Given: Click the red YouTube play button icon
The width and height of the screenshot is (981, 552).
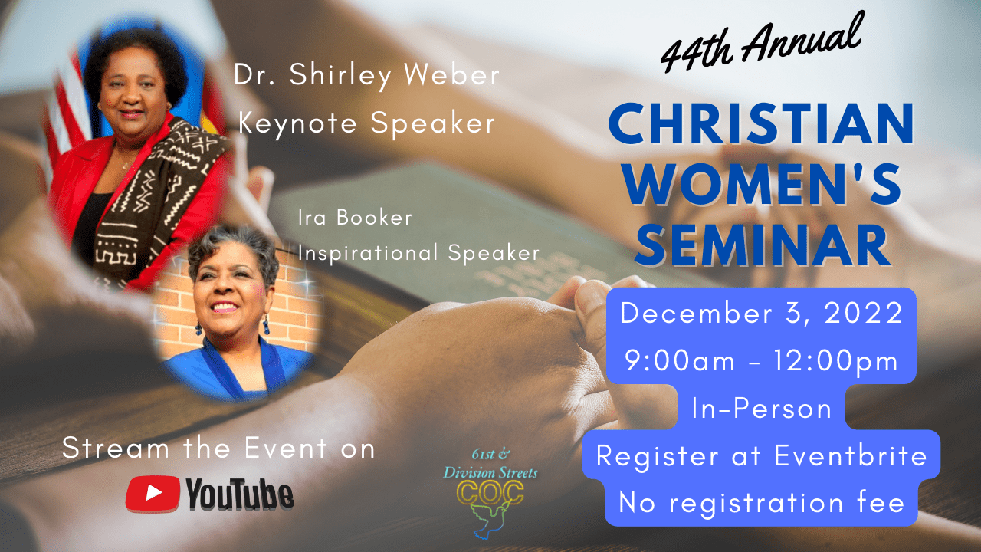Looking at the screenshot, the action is point(153,493).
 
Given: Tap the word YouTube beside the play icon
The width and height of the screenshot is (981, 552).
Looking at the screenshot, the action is point(240,495).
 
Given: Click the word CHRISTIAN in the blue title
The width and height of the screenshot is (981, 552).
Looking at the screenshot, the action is point(761,124).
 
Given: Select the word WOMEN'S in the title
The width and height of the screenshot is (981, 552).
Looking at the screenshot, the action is point(762,184).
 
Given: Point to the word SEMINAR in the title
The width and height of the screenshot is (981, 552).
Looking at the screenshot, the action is point(762,245).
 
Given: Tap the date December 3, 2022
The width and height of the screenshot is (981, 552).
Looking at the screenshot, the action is point(761,314).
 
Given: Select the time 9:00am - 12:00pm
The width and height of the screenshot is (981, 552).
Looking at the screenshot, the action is point(761,361).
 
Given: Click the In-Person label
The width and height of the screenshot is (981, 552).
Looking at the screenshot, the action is point(762,409).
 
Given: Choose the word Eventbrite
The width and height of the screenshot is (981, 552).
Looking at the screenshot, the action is point(851,455).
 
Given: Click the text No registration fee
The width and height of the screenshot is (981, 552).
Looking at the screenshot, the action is point(762,502).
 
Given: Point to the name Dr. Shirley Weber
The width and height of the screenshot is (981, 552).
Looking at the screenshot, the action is point(366,74).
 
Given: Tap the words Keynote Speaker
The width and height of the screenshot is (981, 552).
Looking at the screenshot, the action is point(367,123).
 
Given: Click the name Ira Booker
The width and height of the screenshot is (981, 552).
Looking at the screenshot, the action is point(355,217).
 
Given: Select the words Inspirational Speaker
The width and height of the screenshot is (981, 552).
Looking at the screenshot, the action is point(418,253).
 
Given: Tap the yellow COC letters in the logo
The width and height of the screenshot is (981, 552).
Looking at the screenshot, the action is point(490,493).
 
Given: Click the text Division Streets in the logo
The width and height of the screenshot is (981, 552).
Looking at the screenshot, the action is point(490,473).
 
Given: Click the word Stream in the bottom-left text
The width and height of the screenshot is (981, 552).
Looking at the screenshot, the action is point(116,449).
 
